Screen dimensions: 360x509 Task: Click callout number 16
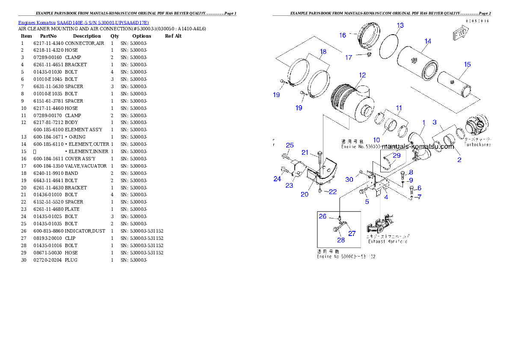point(343,35)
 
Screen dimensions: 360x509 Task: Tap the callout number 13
point(400,26)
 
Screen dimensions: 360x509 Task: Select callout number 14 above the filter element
point(428,41)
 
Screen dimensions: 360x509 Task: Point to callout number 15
point(467,65)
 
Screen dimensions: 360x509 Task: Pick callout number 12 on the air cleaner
point(362,75)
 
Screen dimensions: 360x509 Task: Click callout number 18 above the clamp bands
point(323,52)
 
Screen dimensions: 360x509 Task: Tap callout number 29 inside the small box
point(397,156)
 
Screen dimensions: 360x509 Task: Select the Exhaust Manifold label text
point(388,242)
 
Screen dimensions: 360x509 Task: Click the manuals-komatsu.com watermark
point(414,147)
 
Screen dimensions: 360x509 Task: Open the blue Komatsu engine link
point(83,23)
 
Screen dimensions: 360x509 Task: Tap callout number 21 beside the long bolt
point(305,153)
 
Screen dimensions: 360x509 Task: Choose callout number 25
point(290,145)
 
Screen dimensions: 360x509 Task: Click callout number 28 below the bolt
point(341,240)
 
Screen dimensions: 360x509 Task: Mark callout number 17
point(349,57)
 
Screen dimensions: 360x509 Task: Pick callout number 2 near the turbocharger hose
point(459,160)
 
